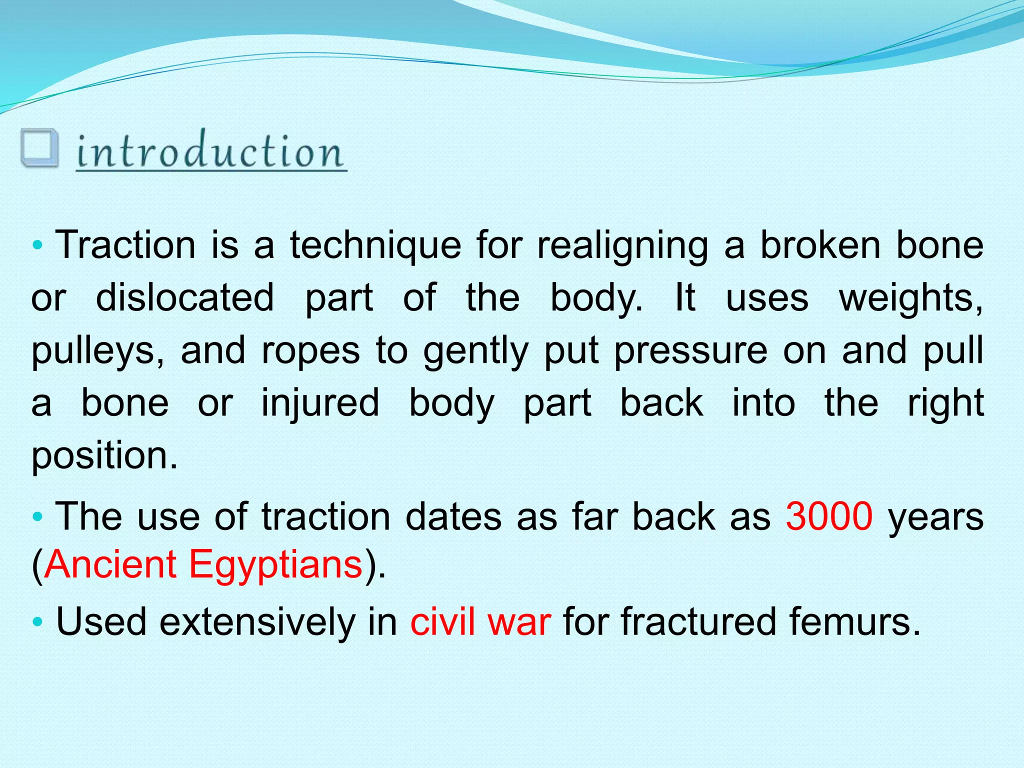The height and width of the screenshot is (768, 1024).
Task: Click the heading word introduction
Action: point(210,151)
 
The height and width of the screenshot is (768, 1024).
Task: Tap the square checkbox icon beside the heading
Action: point(39,148)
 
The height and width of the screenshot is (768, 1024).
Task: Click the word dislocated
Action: point(184,298)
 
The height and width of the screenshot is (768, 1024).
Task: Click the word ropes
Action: point(310,351)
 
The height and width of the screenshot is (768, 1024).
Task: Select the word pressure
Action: point(690,351)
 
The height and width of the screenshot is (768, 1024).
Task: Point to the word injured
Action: point(320,404)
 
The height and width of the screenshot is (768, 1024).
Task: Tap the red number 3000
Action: point(829,516)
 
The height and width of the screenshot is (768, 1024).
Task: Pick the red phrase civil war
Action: point(480,621)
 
